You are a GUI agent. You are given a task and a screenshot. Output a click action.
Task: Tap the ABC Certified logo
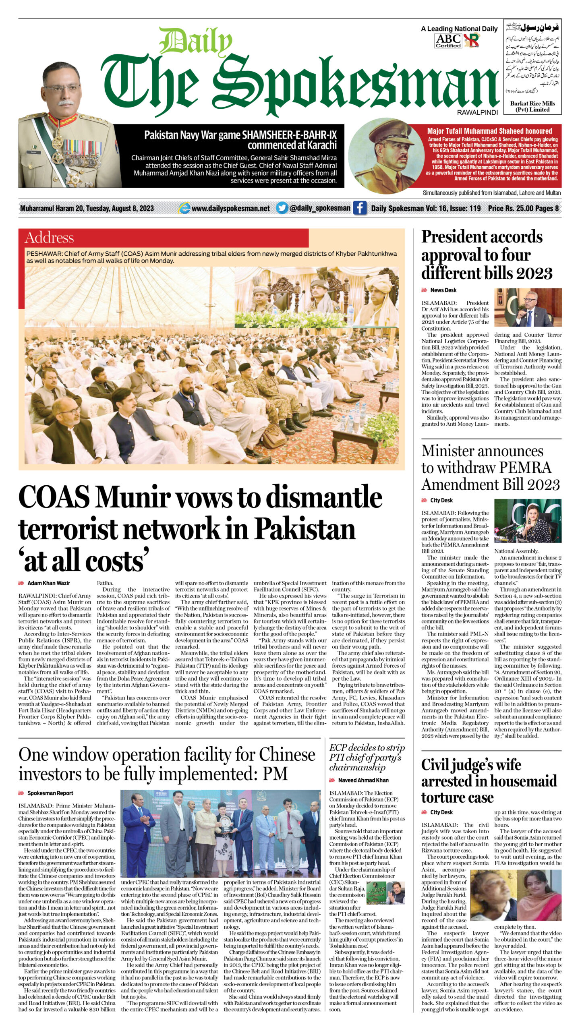pyautogui.click(x=448, y=41)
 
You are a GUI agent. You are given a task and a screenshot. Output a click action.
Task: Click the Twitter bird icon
pyautogui.click(x=282, y=208)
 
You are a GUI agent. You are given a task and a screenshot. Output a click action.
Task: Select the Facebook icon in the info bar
pyautogui.click(x=360, y=208)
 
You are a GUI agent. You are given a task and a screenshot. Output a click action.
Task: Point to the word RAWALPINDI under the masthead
pyautogui.click(x=477, y=113)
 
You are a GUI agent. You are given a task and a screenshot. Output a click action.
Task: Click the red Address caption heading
pyautogui.click(x=49, y=238)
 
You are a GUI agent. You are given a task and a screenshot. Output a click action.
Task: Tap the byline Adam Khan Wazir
pyautogui.click(x=48, y=583)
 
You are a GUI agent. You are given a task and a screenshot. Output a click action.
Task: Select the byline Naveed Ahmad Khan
pyautogui.click(x=363, y=780)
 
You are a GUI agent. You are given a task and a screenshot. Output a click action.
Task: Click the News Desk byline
pyautogui.click(x=443, y=290)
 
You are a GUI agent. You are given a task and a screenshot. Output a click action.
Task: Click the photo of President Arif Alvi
pyautogui.click(x=528, y=307)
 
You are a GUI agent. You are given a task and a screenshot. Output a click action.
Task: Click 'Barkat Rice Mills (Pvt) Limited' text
pyautogui.click(x=532, y=106)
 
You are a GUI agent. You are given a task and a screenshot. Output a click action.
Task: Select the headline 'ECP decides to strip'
pyautogui.click(x=367, y=748)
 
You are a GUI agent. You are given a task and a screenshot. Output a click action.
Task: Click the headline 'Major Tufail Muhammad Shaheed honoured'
pyautogui.click(x=489, y=131)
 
